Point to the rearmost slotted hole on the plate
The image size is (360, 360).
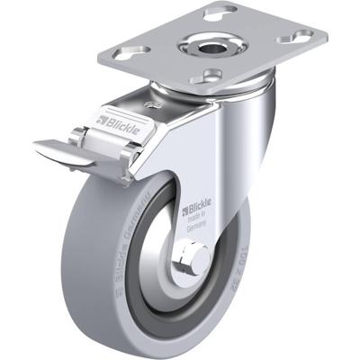point(221,13)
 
